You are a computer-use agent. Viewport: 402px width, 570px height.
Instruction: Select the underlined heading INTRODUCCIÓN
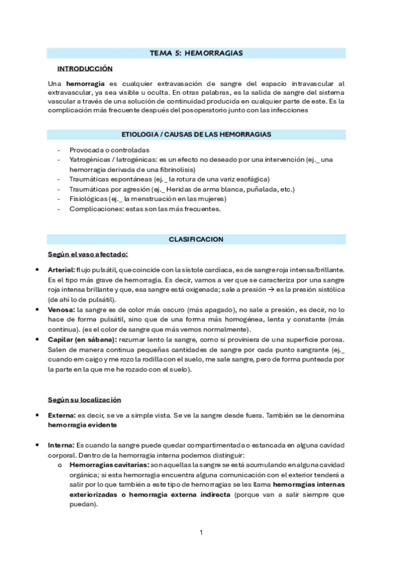click(85, 69)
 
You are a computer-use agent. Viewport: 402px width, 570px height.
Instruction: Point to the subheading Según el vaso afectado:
click(88, 255)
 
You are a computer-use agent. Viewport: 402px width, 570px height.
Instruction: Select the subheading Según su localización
click(84, 399)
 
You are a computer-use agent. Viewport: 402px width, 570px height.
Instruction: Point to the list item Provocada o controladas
click(109, 150)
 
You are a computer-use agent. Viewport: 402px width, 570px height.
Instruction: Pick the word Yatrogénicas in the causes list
click(91, 159)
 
